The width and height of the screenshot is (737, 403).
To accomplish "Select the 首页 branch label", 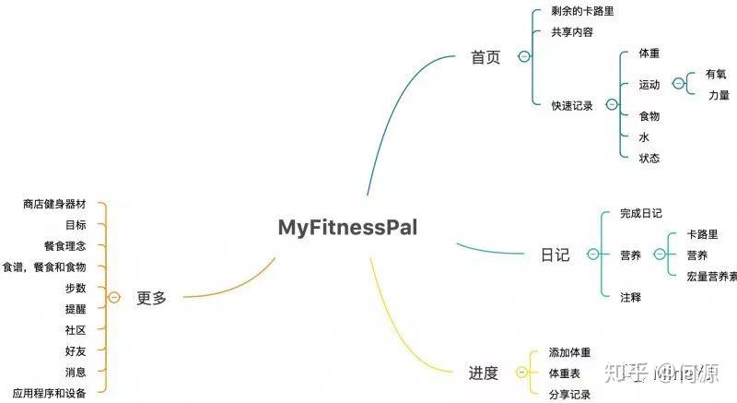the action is tap(485, 57).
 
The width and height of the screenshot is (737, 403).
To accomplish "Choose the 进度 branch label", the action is tap(483, 373).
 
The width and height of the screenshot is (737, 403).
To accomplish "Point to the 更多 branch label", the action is tap(152, 298).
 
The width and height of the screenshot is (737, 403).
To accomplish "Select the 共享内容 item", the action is tap(572, 31).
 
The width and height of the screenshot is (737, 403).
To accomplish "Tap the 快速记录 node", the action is tap(572, 106).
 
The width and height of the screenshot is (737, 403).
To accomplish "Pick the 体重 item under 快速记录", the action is tap(649, 53).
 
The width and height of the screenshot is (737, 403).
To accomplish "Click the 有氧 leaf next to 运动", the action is tap(716, 75).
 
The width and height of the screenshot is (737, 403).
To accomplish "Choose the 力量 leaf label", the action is tap(719, 95).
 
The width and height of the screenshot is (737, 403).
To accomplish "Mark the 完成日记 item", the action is tap(641, 213).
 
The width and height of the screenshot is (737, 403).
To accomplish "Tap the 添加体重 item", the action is tap(569, 352).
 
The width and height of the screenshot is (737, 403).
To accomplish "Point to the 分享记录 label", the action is tap(569, 395).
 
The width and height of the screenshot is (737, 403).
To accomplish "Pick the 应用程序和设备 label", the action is tap(50, 393).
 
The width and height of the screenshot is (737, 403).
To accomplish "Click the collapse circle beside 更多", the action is tap(113, 298).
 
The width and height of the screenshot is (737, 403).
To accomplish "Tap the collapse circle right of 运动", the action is tap(679, 84).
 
